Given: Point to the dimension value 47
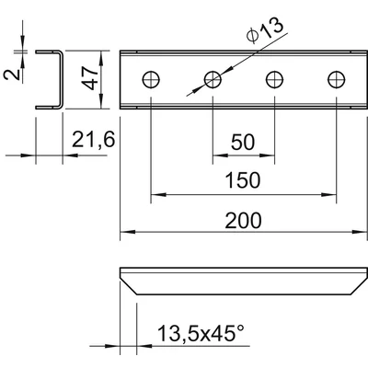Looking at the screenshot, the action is tap(91, 79).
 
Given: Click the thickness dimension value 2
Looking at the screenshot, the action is tap(12, 75).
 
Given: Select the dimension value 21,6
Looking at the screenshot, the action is tap(94, 139).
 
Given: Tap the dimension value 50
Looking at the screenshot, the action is tap(243, 142).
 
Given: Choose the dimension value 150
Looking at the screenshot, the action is tap(243, 180).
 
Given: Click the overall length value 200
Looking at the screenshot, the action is tap(243, 221).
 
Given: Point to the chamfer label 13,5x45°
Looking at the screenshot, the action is tap(201, 333).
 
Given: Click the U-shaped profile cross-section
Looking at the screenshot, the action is tap(61, 80).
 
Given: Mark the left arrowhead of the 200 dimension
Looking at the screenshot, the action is tap(128, 232).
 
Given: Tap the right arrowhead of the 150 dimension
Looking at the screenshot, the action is tap(328, 194).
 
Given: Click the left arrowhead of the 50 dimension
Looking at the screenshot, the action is tap(220, 155).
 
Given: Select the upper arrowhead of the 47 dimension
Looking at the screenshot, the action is tap(101, 58).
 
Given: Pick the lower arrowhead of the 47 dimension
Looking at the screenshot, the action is tap(101, 101).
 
